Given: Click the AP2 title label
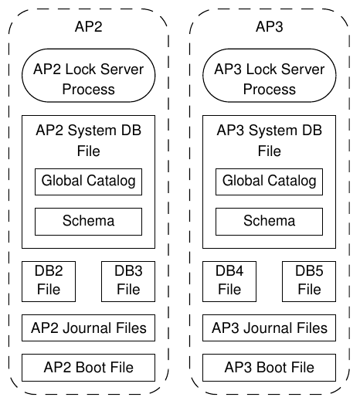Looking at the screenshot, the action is click(88, 26).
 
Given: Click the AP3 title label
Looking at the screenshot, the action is click(270, 26).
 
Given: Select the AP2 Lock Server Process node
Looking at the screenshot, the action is click(88, 75).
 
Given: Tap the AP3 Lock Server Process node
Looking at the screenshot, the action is click(270, 75).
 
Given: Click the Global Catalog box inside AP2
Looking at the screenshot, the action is click(88, 182).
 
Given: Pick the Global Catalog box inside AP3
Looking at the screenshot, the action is click(270, 182).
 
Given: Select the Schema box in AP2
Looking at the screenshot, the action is click(88, 222).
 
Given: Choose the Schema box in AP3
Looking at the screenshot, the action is click(270, 222).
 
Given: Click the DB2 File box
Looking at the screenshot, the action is click(49, 281).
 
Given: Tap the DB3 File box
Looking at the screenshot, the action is click(128, 281).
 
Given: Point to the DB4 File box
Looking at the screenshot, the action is click(229, 281).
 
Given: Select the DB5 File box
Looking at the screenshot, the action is click(309, 281).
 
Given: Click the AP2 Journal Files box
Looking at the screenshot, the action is click(88, 328).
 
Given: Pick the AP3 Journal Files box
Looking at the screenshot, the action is click(270, 328).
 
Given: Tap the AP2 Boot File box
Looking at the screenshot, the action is click(88, 368).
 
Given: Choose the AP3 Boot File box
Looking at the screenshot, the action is click(270, 368).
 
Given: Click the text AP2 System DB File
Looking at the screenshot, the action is click(88, 141).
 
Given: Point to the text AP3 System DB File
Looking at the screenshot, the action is click(270, 141).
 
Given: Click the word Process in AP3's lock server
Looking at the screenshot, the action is click(270, 89).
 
